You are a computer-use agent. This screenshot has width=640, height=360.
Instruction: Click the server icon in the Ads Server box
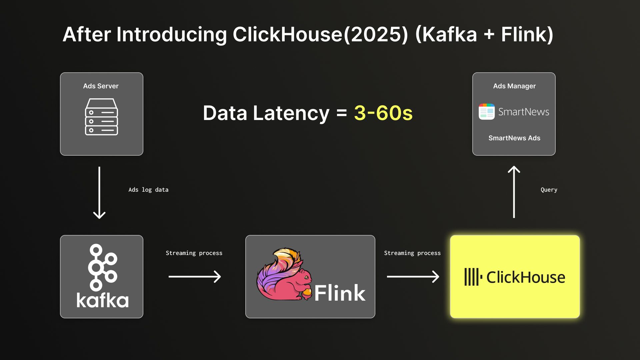[x=102, y=117]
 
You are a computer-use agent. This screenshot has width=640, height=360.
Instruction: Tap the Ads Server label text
[x=101, y=86]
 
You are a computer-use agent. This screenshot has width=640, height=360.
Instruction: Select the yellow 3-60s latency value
[x=383, y=113]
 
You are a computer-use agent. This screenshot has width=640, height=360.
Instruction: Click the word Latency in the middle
[x=291, y=113]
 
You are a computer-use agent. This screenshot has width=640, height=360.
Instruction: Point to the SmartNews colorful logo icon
[x=487, y=112]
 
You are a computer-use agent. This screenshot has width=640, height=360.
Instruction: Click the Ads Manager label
[x=514, y=86]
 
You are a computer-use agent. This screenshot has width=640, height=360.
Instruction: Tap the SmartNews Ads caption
[x=514, y=138]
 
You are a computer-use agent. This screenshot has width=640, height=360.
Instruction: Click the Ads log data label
[x=148, y=190]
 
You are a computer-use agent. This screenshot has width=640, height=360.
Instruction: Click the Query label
[x=549, y=190]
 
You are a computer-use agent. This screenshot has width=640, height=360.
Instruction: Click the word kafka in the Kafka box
[x=102, y=300]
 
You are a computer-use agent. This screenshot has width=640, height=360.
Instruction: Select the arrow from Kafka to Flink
[x=195, y=277]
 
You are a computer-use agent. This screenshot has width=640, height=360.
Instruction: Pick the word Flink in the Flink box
[x=340, y=293]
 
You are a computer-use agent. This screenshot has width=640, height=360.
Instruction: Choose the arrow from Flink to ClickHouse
[x=413, y=277]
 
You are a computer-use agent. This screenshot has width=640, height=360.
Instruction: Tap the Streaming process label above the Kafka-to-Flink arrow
[x=194, y=253]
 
